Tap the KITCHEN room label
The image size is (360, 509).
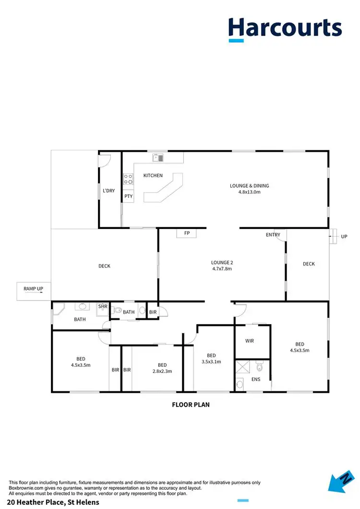coord(153,176)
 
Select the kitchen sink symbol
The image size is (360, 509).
coord(158,158)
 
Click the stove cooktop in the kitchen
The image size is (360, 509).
coord(129,179)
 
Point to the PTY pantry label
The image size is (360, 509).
coord(128,196)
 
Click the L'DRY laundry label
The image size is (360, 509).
coord(109,191)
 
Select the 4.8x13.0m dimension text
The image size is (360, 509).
coord(249,192)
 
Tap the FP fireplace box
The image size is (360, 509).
coord(187,234)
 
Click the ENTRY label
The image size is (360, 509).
coord(273,235)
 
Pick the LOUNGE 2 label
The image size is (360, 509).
coord(222,263)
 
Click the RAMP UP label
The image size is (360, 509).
coord(33,289)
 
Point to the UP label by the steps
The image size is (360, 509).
coord(344,237)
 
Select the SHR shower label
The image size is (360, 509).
coord(103,306)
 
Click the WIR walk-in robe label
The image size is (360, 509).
coord(249,341)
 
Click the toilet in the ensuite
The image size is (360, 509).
coord(260,367)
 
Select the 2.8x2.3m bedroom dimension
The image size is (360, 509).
coord(162,371)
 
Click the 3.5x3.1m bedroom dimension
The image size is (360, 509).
coord(211,362)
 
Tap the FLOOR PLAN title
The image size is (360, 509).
coord(191,405)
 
